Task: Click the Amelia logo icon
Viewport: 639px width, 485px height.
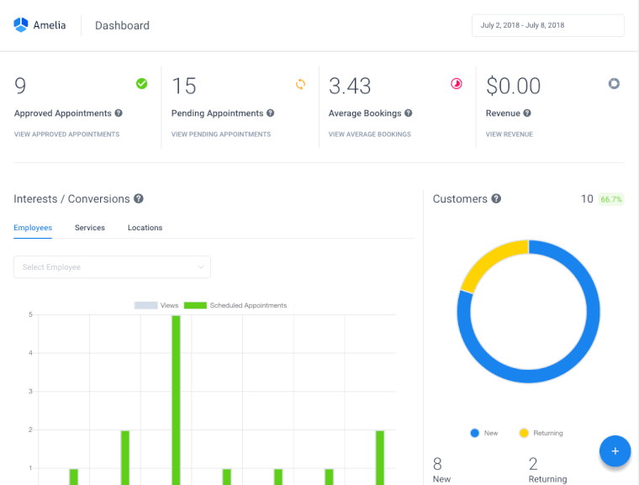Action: pyautogui.click(x=21, y=25)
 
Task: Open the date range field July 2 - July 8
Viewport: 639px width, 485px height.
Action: pyautogui.click(x=547, y=25)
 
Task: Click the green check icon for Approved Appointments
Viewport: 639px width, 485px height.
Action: pyautogui.click(x=141, y=83)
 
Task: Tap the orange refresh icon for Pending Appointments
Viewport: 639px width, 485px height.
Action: pyautogui.click(x=300, y=84)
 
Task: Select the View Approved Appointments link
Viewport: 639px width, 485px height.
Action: pyautogui.click(x=66, y=134)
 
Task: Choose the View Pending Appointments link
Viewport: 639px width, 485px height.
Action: pyautogui.click(x=221, y=134)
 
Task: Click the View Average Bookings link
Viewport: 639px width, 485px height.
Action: pyautogui.click(x=370, y=134)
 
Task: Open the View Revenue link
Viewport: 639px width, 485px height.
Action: pyautogui.click(x=510, y=134)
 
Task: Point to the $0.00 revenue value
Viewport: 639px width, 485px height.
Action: pyautogui.click(x=513, y=86)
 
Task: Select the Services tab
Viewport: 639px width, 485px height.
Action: pyautogui.click(x=90, y=228)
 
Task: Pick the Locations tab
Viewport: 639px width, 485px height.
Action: pyautogui.click(x=145, y=228)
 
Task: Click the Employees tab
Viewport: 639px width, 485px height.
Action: pyautogui.click(x=33, y=228)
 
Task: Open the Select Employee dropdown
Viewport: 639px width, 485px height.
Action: pyautogui.click(x=112, y=267)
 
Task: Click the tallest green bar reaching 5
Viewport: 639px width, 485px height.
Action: pyautogui.click(x=176, y=399)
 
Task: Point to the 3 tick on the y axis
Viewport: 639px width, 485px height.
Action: pyautogui.click(x=30, y=392)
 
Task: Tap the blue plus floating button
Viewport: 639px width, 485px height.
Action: pyautogui.click(x=615, y=451)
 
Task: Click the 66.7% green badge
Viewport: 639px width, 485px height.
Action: pyautogui.click(x=610, y=199)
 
